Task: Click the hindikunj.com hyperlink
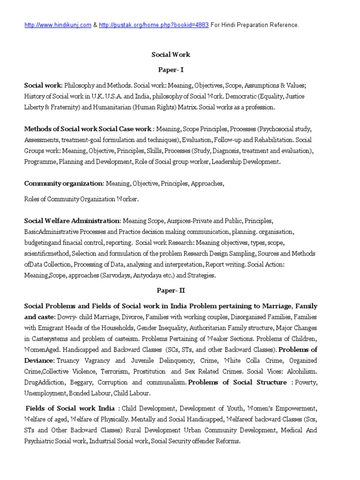click(58, 25)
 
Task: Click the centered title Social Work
click(171, 55)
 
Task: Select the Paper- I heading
click(171, 69)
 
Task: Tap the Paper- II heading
click(171, 291)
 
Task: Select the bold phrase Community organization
click(64, 184)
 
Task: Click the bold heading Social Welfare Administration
click(72, 220)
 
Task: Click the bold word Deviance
click(39, 360)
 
